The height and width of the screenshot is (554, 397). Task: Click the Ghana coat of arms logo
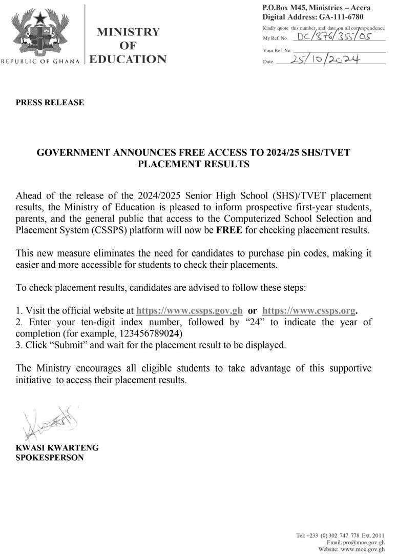pyautogui.click(x=40, y=32)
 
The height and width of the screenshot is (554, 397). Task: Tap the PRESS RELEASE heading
pyautogui.click(x=50, y=103)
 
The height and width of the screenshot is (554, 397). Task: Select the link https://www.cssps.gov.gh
pyautogui.click(x=190, y=311)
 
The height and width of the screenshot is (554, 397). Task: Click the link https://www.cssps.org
pyautogui.click(x=308, y=311)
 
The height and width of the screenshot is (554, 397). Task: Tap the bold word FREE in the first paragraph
pyautogui.click(x=229, y=230)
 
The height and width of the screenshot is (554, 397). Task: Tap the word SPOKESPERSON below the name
pyautogui.click(x=50, y=457)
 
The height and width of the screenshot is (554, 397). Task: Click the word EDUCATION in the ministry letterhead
pyautogui.click(x=128, y=60)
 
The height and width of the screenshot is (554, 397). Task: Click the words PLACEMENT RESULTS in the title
pyautogui.click(x=194, y=165)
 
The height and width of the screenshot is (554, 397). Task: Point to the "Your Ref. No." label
pyautogui.click(x=277, y=51)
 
